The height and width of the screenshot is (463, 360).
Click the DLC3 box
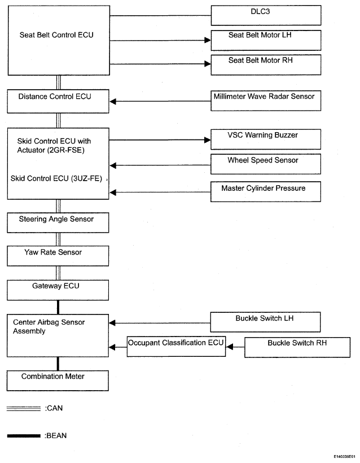(266, 15)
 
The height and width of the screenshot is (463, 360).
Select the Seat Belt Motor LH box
(266, 40)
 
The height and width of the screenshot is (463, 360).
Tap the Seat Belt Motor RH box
(266, 65)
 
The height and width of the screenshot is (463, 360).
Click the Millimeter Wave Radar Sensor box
(266, 101)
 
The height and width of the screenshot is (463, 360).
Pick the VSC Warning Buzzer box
(266, 139)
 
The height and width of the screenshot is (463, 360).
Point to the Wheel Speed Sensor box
(266, 164)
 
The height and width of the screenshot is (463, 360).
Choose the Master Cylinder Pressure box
(266, 191)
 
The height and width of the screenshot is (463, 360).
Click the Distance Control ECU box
(58, 101)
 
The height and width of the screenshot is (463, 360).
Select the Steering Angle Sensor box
(58, 222)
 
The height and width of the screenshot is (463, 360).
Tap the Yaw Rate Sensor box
(58, 256)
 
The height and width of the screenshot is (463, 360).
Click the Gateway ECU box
(58, 290)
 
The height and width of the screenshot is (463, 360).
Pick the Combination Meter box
(58, 381)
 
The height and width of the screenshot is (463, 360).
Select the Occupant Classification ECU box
(176, 346)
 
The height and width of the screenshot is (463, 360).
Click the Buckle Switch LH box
(265, 322)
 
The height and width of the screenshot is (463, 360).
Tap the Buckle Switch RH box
(297, 348)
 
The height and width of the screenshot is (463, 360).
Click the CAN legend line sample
(24, 409)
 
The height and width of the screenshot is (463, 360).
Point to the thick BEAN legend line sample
(24, 436)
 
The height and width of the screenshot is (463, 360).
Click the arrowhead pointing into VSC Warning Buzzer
(208, 140)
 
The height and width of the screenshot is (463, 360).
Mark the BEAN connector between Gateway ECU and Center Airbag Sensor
(58, 307)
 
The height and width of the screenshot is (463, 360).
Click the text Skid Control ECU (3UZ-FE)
(56, 178)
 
